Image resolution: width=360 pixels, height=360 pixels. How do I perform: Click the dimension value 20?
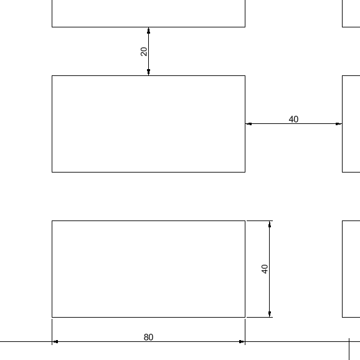click(x=144, y=52)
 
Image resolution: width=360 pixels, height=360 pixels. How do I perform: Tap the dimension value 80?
click(x=148, y=338)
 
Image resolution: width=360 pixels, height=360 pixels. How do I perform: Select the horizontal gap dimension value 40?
click(x=293, y=119)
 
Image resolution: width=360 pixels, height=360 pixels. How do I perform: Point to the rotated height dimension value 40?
click(x=265, y=269)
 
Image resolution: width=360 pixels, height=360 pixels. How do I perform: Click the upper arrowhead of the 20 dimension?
click(x=148, y=31)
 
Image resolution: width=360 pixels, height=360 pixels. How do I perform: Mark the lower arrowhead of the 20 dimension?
click(x=148, y=72)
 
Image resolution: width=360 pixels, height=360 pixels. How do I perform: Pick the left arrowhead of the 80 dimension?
click(x=55, y=342)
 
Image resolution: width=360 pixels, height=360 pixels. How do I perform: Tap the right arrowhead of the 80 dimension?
click(x=242, y=342)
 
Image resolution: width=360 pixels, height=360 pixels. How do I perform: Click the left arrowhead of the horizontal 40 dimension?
click(x=249, y=124)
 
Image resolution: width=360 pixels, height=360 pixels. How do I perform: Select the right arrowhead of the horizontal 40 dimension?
click(x=339, y=124)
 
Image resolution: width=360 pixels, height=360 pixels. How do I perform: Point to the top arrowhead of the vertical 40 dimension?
click(x=270, y=224)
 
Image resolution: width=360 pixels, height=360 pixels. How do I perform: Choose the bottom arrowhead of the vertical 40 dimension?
click(x=270, y=314)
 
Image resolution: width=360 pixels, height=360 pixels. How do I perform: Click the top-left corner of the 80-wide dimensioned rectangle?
click(x=52, y=221)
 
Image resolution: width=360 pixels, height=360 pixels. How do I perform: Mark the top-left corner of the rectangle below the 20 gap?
click(x=52, y=75)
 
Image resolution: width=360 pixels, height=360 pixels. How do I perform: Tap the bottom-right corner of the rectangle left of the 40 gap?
click(x=245, y=172)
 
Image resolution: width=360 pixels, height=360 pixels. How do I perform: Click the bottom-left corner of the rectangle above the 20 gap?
click(x=52, y=27)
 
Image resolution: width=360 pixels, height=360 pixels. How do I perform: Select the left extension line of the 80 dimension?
click(x=52, y=332)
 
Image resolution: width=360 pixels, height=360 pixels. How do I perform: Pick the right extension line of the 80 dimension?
click(x=245, y=332)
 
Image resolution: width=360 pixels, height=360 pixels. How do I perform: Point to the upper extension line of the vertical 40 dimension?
click(x=260, y=221)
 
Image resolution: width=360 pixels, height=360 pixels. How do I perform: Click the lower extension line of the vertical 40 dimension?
click(x=260, y=317)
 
